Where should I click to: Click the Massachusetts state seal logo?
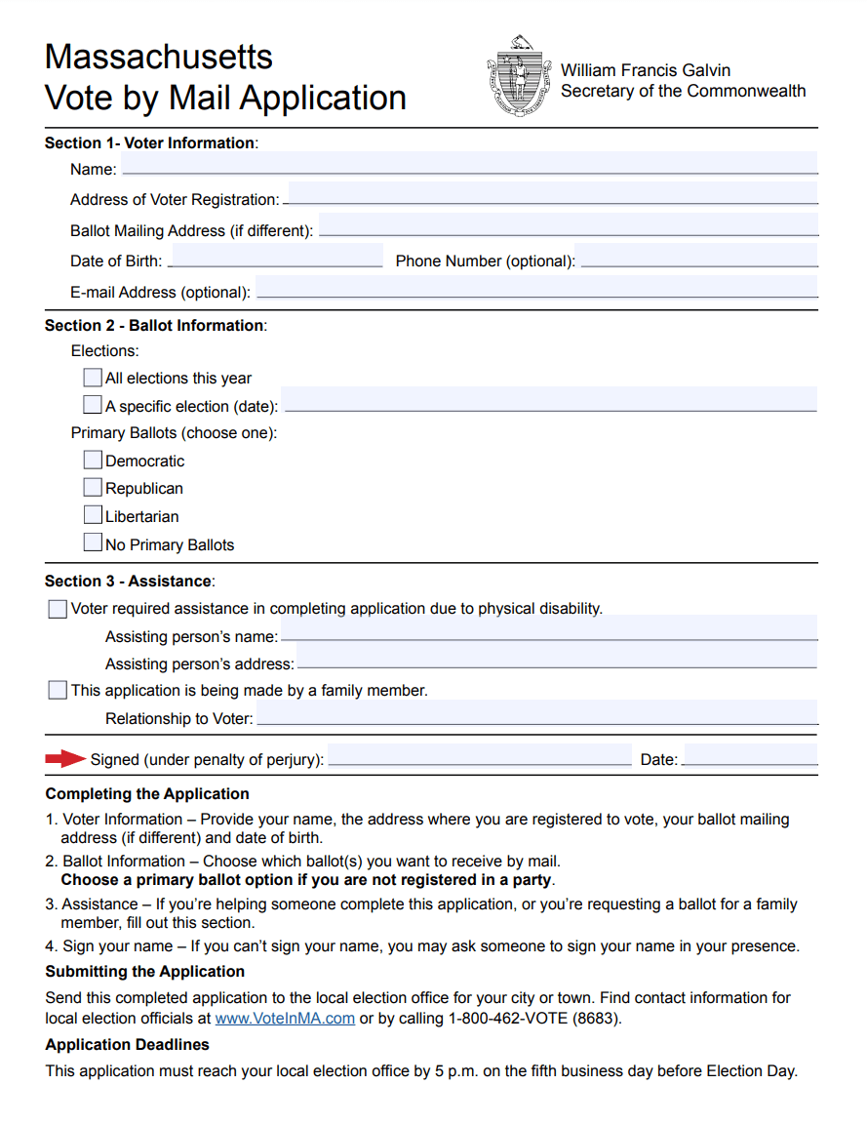(x=518, y=77)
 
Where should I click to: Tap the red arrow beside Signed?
(x=66, y=758)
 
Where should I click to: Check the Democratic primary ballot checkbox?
(x=93, y=460)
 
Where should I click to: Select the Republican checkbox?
(x=93, y=487)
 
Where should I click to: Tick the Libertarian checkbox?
(x=93, y=515)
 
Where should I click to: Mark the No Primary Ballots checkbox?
(x=93, y=542)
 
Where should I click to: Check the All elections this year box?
(x=93, y=377)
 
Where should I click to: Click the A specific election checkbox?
(x=93, y=404)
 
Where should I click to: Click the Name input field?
(x=468, y=164)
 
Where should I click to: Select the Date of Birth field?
(x=276, y=257)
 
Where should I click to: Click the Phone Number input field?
(x=696, y=257)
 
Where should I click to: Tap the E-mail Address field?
(x=535, y=288)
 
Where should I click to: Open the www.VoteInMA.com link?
(x=285, y=1019)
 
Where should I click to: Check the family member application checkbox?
(x=58, y=690)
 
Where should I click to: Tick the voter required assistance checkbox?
(x=58, y=609)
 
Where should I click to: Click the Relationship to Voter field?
(x=536, y=713)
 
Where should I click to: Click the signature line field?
(x=480, y=755)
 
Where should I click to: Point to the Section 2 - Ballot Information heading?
(x=154, y=326)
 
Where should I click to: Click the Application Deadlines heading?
(x=127, y=1045)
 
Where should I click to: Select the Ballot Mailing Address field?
(x=568, y=226)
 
